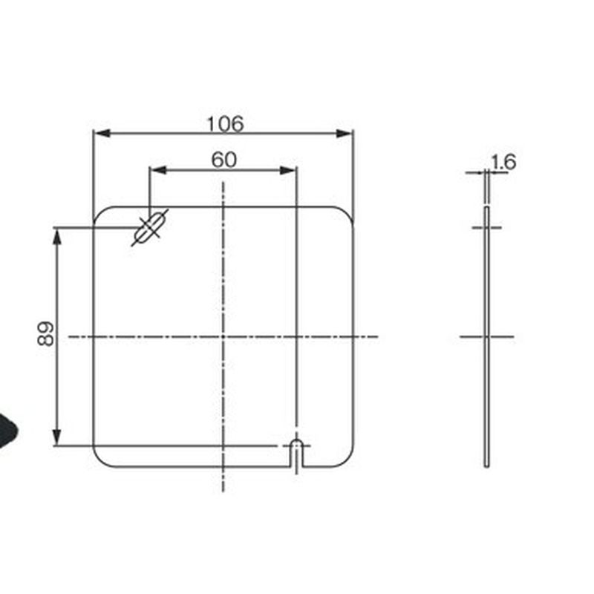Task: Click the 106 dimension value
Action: click(225, 124)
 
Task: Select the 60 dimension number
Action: click(224, 160)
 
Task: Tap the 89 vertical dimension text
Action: click(46, 333)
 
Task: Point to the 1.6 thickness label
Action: click(503, 162)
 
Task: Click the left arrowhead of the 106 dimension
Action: click(102, 134)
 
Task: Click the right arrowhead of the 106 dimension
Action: click(345, 134)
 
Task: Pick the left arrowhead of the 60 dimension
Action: click(158, 170)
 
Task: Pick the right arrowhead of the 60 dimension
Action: click(288, 170)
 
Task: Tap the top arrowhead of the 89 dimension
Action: click(57, 236)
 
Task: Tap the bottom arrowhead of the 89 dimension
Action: click(57, 437)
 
